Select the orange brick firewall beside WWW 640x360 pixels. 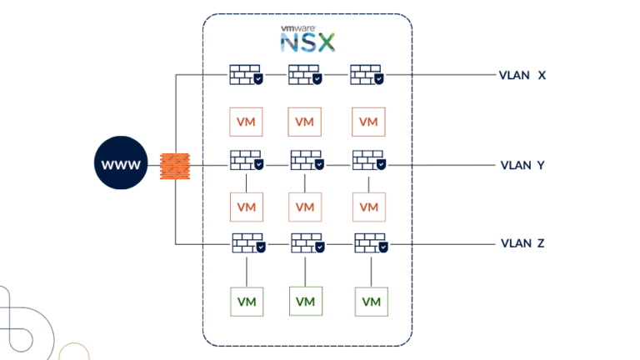[174, 165]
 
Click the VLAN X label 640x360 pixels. [522, 75]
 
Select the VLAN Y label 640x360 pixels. [522, 165]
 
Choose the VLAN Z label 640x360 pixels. [522, 243]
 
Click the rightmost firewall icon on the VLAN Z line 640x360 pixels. [370, 243]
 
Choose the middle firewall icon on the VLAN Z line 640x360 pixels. [307, 243]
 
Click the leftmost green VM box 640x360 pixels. [247, 301]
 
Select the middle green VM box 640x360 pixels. [306, 300]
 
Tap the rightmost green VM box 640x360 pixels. [371, 301]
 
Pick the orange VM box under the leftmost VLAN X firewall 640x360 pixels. [246, 122]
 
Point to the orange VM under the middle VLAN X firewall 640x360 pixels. [304, 122]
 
